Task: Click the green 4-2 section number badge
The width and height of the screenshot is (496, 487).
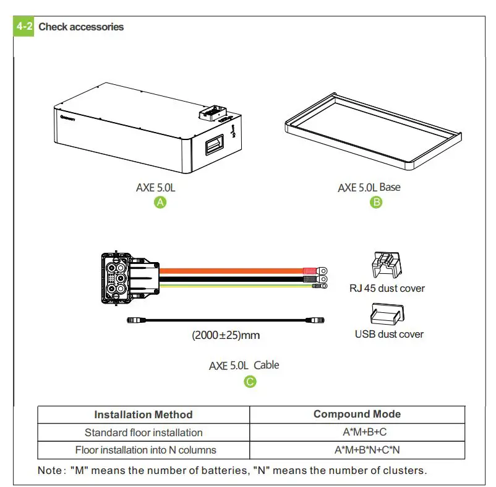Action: (x=24, y=27)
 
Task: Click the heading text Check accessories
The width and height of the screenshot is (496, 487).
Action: (x=81, y=27)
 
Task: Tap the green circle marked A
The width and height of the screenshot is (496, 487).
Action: (x=160, y=203)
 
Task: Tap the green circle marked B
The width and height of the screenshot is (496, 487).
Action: (x=376, y=202)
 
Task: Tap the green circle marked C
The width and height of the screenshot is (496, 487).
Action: (x=250, y=382)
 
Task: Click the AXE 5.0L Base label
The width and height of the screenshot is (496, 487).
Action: (x=369, y=187)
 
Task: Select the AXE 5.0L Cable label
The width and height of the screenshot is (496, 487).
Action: (x=244, y=366)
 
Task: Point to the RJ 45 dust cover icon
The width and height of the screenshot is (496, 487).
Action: (x=385, y=265)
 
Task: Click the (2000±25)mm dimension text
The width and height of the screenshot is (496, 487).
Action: (x=226, y=336)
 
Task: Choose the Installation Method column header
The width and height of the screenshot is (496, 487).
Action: (x=143, y=415)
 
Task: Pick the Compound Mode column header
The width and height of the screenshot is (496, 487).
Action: (x=357, y=415)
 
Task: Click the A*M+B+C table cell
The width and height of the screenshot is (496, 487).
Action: (x=357, y=432)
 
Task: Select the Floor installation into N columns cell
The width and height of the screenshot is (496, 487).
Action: (x=143, y=450)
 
